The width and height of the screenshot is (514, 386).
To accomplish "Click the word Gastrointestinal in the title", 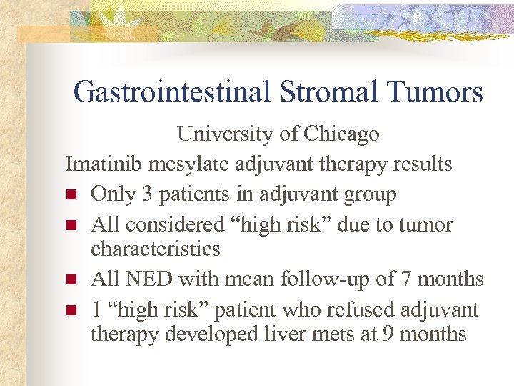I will pos(169,92).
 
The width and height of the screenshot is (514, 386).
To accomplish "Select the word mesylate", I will pos(181,164).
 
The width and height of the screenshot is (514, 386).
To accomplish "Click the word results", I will pos(423,164).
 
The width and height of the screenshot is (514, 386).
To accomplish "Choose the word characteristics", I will pos(155,249).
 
